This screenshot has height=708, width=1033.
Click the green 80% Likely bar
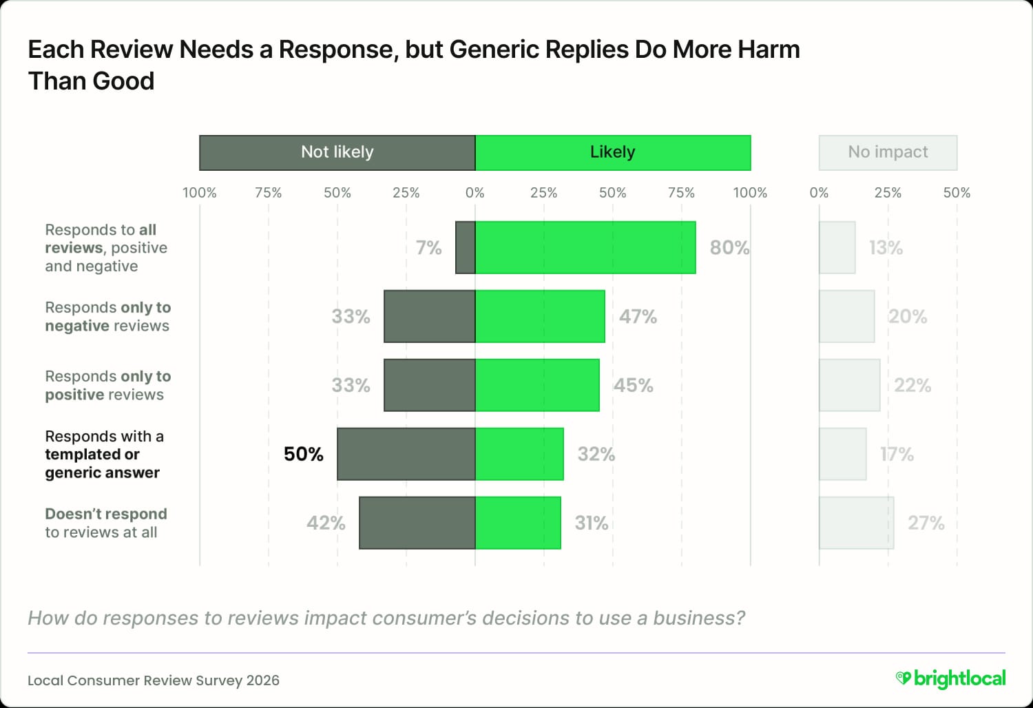point(585,247)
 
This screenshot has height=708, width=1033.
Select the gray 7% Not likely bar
point(466,247)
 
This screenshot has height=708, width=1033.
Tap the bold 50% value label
point(303,454)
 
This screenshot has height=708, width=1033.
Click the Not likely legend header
point(337,152)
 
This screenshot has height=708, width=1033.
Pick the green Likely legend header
point(613,152)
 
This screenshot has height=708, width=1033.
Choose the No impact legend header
point(888,152)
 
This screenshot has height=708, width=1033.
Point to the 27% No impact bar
point(856,523)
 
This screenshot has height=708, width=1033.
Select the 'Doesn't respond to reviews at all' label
point(106,523)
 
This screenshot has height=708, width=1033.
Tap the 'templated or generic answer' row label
point(103,455)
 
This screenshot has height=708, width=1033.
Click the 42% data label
point(326,523)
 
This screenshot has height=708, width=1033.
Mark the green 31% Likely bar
point(518,523)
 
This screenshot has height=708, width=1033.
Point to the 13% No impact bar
point(837,247)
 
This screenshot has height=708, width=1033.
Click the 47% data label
point(638,316)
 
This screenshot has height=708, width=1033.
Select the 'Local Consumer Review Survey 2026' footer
point(154,680)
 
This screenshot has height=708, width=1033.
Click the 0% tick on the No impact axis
point(819,193)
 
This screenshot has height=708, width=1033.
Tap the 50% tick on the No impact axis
point(957,193)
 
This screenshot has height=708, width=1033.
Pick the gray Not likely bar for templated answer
point(406,454)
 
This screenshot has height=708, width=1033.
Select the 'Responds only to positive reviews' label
point(108,385)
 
